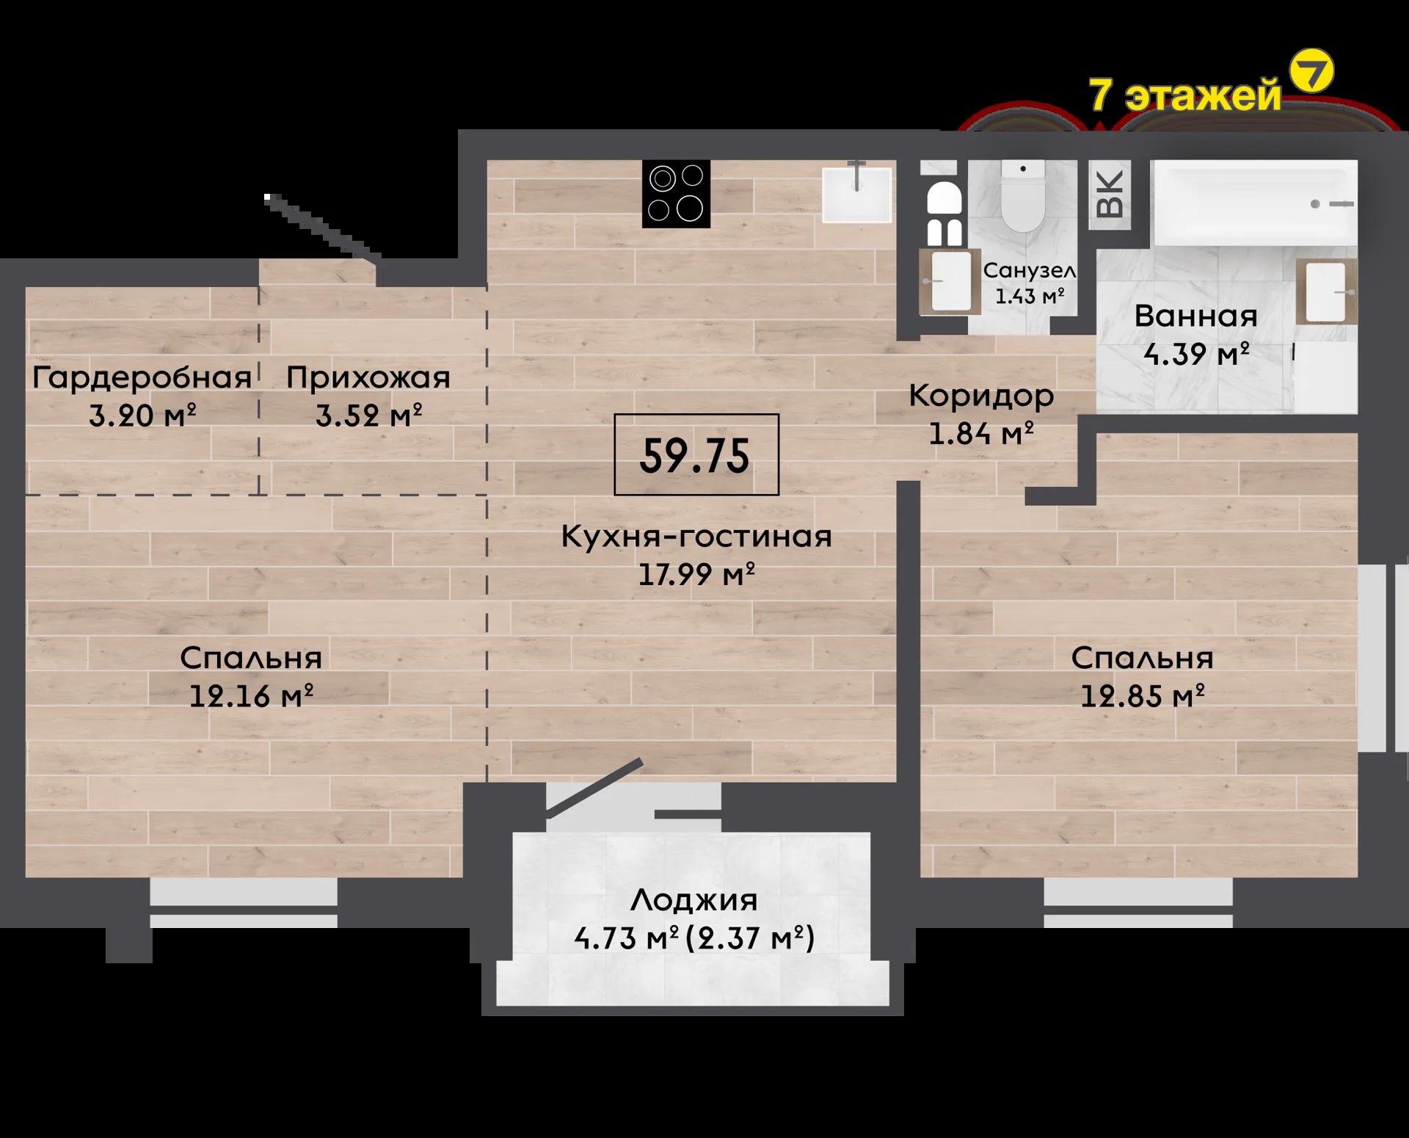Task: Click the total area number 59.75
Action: click(x=695, y=456)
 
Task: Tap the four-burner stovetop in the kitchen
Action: click(x=677, y=193)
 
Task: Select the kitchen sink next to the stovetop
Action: click(x=856, y=194)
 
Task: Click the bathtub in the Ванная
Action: click(x=1255, y=203)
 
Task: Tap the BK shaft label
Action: click(x=1110, y=195)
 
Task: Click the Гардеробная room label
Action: click(x=142, y=378)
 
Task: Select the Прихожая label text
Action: click(x=368, y=378)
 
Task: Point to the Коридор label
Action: click(x=981, y=396)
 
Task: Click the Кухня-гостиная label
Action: click(x=696, y=537)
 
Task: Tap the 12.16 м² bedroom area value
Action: click(x=252, y=695)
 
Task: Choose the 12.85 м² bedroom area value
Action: click(x=1143, y=695)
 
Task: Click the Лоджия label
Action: click(x=694, y=900)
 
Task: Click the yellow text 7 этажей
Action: click(x=1185, y=95)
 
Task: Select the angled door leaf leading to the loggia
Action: click(x=594, y=788)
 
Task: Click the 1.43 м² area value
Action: click(x=1030, y=297)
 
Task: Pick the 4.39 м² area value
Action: click(x=1196, y=355)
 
